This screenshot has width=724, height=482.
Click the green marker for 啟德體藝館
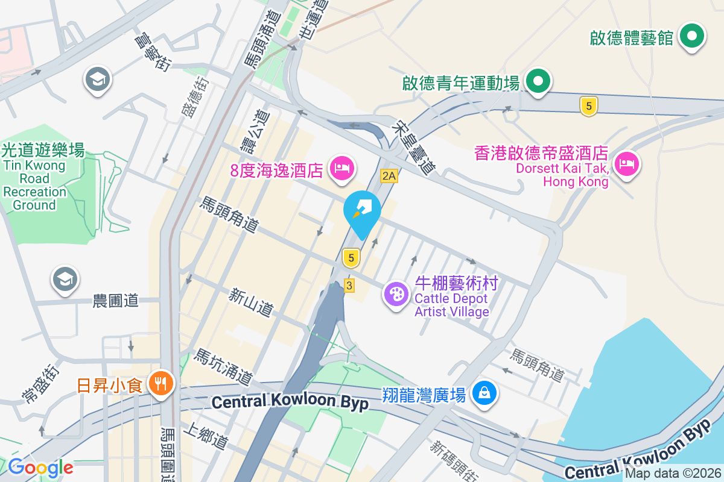(692, 37)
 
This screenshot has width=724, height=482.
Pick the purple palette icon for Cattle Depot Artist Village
(396, 296)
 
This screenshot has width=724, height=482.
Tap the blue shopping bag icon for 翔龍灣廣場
(484, 393)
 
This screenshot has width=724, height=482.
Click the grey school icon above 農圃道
(65, 278)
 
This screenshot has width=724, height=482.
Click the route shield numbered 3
(349, 285)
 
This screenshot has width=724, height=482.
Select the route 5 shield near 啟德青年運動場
(588, 107)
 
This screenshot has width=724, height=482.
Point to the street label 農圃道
(116, 300)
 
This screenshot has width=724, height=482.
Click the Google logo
(40, 467)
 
